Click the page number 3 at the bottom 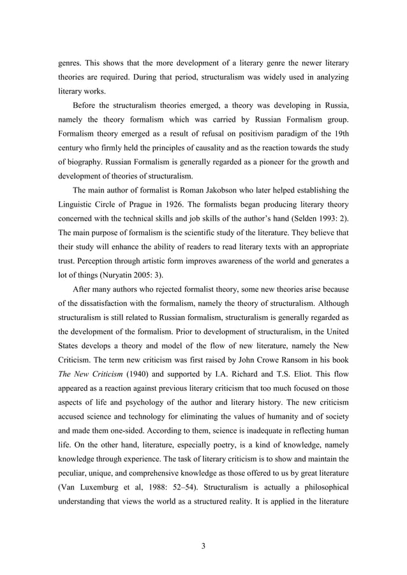[203, 546]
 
